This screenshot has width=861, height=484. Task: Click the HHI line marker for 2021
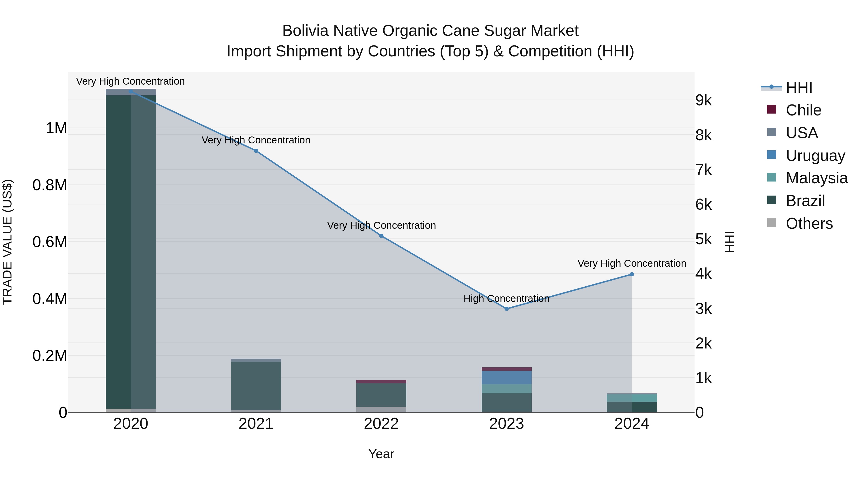click(256, 151)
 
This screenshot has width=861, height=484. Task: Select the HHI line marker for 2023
click(506, 309)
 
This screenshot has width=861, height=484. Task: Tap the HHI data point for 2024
click(632, 274)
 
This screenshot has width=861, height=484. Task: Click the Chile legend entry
click(803, 110)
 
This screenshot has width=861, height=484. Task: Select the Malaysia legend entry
click(816, 178)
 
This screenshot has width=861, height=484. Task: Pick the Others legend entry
click(809, 223)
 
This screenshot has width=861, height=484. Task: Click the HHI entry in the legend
click(799, 87)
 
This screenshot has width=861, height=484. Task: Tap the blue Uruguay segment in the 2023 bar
click(506, 377)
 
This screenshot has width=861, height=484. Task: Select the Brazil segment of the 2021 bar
click(256, 386)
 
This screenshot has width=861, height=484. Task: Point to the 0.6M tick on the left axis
click(50, 242)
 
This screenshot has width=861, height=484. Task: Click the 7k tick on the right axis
click(704, 170)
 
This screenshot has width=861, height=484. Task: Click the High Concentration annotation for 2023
click(506, 299)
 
